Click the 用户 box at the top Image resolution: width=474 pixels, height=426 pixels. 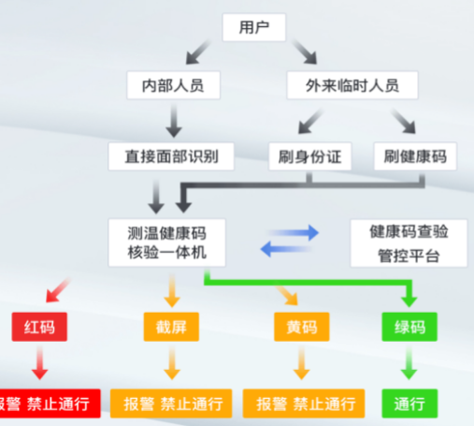(x=254, y=27)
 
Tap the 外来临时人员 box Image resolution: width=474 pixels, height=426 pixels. (x=352, y=85)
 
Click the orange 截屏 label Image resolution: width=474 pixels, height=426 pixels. (x=170, y=327)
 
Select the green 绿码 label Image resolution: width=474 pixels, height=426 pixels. (x=409, y=327)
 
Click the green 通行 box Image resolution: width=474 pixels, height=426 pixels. (x=409, y=404)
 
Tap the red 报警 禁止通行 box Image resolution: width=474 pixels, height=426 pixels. (x=47, y=404)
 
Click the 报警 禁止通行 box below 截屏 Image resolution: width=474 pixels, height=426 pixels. (x=171, y=404)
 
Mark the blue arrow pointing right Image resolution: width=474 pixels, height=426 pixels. (x=297, y=229)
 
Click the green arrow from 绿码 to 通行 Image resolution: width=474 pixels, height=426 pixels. (x=409, y=363)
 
